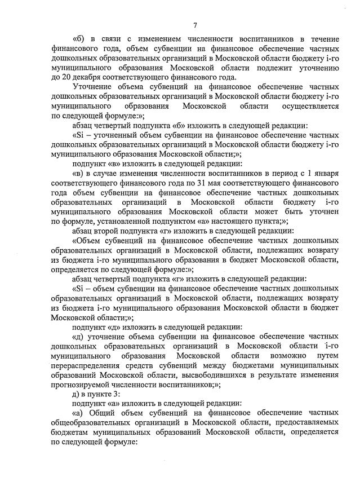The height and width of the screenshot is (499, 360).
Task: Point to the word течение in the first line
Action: (x=323, y=39)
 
